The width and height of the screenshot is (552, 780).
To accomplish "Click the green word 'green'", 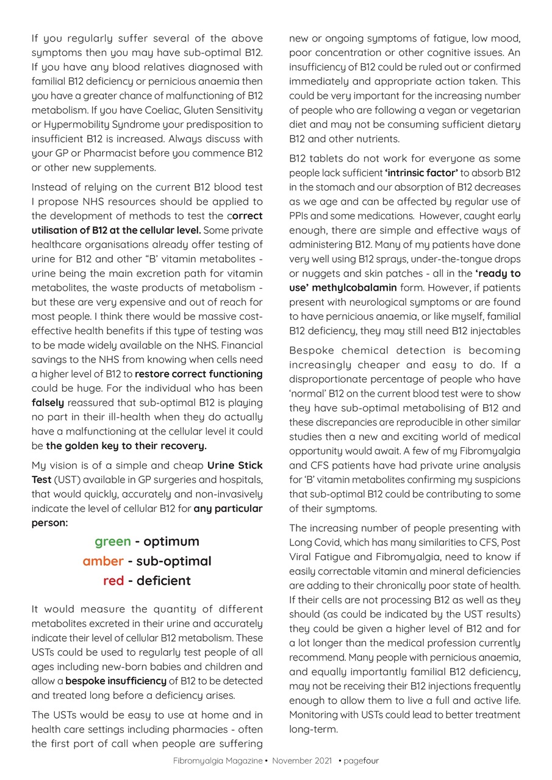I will coord(112,542).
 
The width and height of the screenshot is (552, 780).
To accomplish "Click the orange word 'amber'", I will coord(103,561).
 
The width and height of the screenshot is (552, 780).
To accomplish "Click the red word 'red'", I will coord(113,581).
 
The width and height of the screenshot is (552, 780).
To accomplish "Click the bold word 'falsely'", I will coord(48,403).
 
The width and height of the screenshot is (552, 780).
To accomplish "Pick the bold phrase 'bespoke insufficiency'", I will coord(116,681).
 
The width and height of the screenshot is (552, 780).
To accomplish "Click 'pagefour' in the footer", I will coord(361,761).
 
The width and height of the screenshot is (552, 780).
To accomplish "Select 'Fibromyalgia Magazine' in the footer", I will coord(218,761).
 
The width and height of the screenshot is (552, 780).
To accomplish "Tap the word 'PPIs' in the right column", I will coord(301,216).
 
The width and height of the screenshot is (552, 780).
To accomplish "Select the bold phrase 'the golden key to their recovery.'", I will coord(126,445).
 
